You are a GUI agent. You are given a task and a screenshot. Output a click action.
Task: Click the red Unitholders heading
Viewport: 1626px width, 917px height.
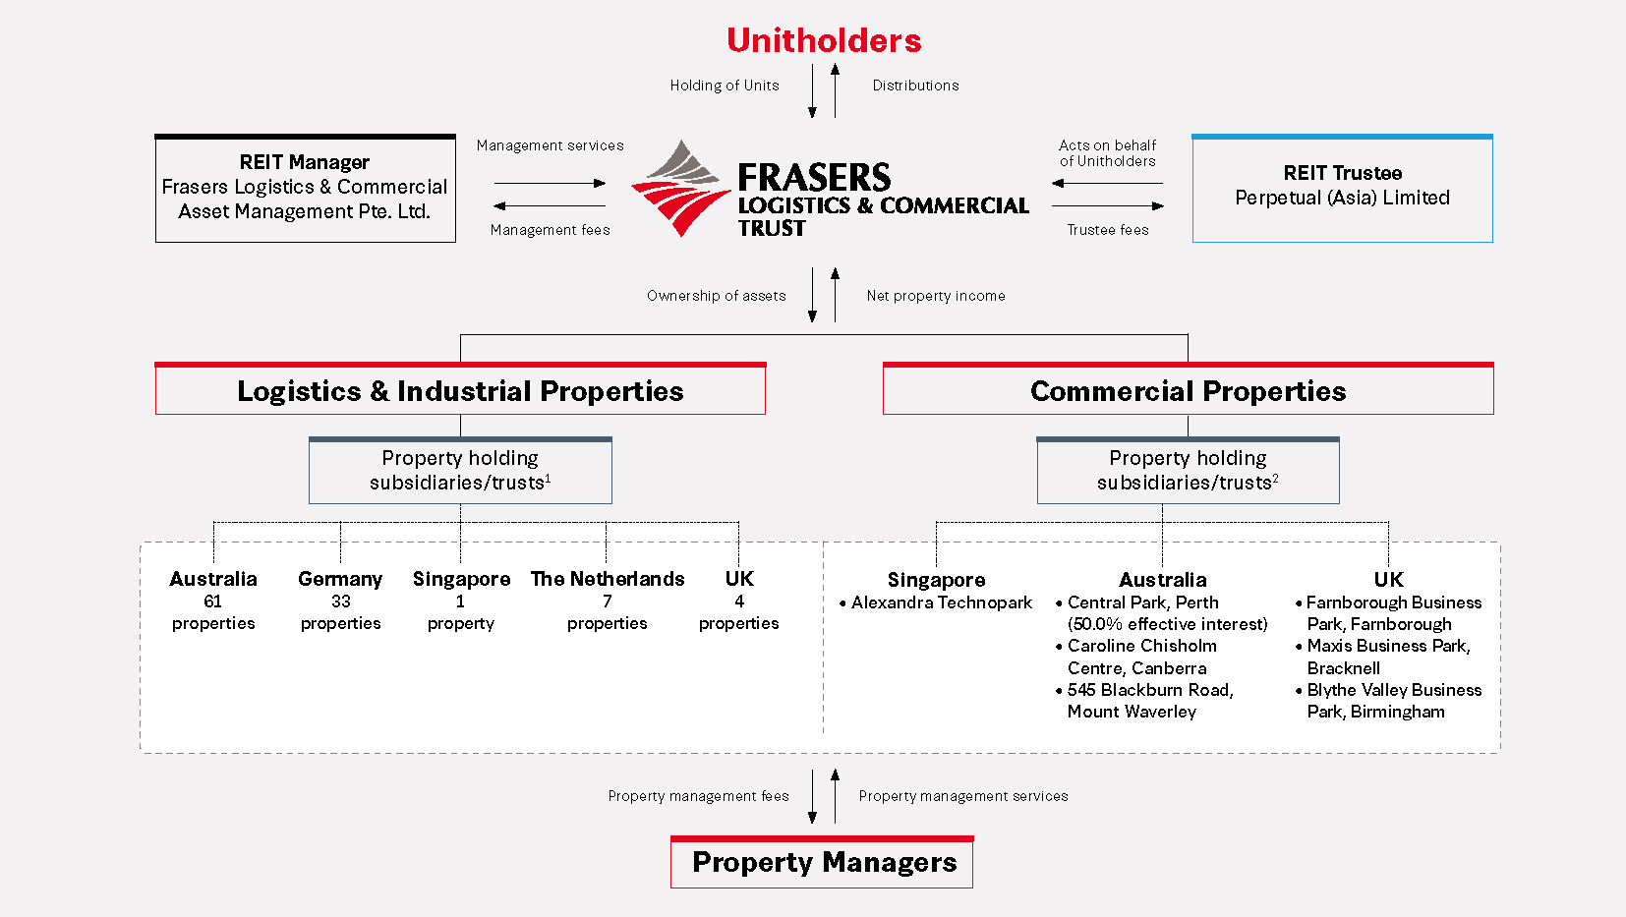click(824, 40)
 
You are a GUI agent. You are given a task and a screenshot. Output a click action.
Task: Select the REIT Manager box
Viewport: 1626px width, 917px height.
click(305, 188)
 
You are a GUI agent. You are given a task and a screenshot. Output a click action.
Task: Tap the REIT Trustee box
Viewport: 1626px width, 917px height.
click(1342, 188)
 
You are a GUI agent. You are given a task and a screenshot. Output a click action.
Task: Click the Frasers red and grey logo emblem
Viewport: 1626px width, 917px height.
click(680, 189)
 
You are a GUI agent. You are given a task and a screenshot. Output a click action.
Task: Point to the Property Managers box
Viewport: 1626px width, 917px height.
click(823, 863)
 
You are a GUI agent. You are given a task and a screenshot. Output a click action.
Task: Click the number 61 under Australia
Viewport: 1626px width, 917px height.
click(213, 602)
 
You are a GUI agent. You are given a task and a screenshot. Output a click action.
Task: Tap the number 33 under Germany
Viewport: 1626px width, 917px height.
click(340, 602)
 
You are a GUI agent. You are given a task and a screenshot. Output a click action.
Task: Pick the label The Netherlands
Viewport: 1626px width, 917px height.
click(608, 579)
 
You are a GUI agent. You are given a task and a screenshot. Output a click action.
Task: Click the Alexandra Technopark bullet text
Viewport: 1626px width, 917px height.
click(941, 602)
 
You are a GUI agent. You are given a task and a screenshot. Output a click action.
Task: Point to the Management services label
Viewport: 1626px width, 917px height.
click(550, 145)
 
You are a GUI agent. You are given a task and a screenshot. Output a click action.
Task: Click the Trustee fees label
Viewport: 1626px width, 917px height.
click(1108, 230)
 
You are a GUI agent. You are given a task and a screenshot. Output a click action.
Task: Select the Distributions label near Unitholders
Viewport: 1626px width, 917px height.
click(915, 86)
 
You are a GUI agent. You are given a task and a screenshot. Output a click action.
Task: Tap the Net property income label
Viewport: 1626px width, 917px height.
click(936, 296)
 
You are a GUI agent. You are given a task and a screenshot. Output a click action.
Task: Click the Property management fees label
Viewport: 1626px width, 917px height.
click(698, 796)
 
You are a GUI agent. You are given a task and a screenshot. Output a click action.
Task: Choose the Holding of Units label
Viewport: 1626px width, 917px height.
click(725, 86)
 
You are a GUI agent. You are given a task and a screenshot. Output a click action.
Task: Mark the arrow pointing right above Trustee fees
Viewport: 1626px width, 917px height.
click(1108, 206)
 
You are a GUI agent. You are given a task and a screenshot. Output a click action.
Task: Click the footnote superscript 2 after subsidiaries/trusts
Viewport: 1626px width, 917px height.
click(1275, 479)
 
